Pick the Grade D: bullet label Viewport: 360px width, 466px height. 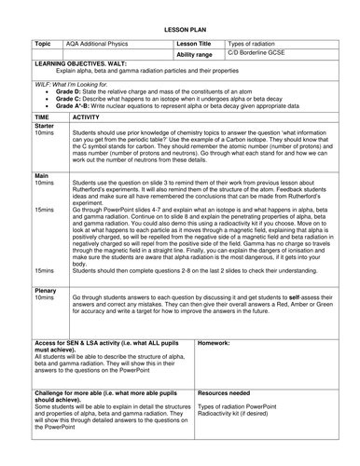point(69,93)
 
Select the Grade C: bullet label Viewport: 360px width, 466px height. point(69,100)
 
